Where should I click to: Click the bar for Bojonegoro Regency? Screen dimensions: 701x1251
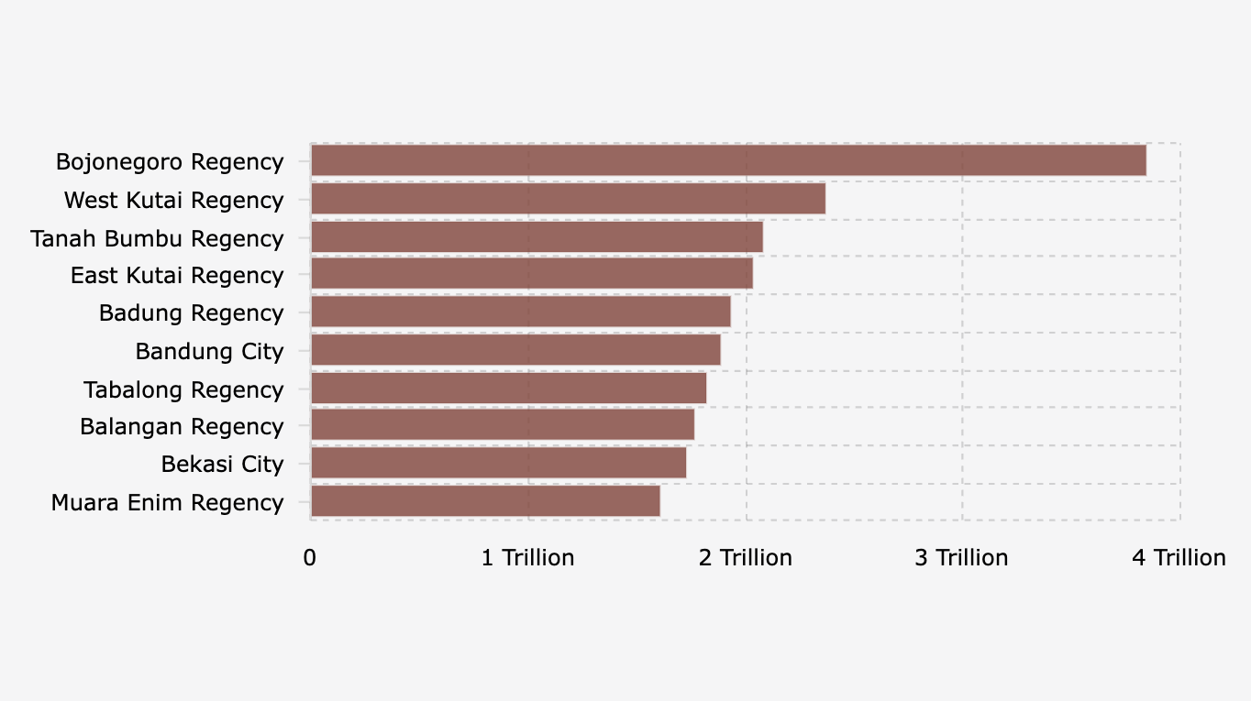(728, 160)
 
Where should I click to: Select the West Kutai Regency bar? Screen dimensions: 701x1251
(568, 199)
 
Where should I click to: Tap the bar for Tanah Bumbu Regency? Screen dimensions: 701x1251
(537, 237)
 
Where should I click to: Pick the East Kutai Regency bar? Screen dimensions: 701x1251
(532, 274)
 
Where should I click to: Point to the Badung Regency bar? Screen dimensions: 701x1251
(521, 312)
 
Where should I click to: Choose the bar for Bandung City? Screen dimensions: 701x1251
(515, 350)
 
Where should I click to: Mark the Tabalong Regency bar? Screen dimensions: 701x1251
(509, 389)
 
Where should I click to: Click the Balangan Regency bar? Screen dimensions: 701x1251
(503, 425)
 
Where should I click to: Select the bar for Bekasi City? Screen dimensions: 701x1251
(498, 463)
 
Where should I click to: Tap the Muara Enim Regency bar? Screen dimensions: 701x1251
(485, 501)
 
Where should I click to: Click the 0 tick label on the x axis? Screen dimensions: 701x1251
(310, 558)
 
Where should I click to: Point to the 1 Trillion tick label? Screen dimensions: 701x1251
(528, 558)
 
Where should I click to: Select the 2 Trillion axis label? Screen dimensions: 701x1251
(746, 558)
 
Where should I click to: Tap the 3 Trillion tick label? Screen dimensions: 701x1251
(961, 558)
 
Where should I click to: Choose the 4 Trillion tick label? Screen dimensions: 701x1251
(1179, 558)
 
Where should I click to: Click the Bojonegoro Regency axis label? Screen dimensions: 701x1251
(170, 162)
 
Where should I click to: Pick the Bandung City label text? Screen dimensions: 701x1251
(209, 351)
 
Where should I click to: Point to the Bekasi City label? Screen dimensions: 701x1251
(222, 465)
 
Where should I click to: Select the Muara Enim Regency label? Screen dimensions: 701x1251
(167, 503)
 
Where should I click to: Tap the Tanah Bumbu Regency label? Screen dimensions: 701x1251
(157, 239)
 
